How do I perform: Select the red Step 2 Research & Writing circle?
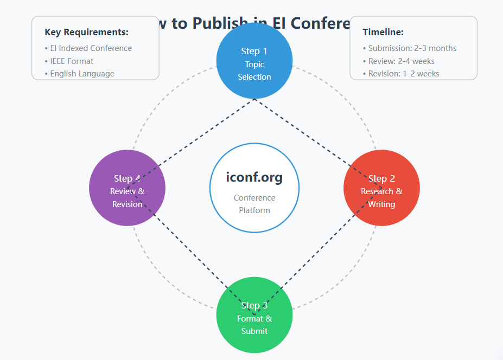tap(381, 188)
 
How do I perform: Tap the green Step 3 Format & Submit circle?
tap(254, 315)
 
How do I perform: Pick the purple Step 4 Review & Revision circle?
tap(127, 188)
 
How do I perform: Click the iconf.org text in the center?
tap(254, 177)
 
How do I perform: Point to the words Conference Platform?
tap(254, 204)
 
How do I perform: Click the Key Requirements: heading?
tap(86, 32)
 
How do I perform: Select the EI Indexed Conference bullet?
tap(91, 48)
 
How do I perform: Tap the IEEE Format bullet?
tap(72, 61)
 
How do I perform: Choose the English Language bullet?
tap(82, 73)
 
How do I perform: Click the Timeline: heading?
tap(383, 32)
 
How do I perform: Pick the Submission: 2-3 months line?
tap(412, 48)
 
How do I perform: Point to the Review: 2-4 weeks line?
tap(401, 61)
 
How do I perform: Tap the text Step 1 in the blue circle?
tap(254, 51)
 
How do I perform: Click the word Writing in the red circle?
tap(381, 204)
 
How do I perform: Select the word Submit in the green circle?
tap(254, 331)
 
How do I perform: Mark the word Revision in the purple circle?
tap(127, 204)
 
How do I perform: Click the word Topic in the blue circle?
tap(254, 64)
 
